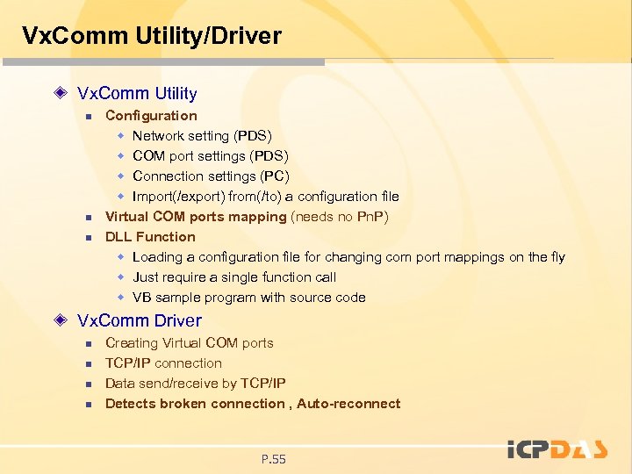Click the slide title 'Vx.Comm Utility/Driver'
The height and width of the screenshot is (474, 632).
[151, 36]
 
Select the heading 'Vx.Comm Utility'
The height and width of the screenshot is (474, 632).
[137, 93]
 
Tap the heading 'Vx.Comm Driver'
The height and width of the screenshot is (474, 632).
[140, 320]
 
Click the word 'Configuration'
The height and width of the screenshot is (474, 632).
[151, 115]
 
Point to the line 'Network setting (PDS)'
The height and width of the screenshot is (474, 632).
[202, 135]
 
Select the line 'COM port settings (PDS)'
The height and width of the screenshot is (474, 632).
[211, 155]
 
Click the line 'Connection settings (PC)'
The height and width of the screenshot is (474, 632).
[211, 176]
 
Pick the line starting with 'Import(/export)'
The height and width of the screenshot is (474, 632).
[265, 196]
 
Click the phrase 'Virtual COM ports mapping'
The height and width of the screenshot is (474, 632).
[196, 216]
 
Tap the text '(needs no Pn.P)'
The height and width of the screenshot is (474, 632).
[340, 216]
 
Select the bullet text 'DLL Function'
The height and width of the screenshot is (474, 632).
[150, 236]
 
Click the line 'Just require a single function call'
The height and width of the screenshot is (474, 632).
[234, 276]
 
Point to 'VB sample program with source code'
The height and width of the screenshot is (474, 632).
[249, 297]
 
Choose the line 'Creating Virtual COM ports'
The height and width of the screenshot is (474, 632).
[190, 342]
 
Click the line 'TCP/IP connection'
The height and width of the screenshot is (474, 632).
[163, 363]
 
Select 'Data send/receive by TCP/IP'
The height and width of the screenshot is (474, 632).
[195, 383]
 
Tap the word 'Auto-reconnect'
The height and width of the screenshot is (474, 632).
[348, 403]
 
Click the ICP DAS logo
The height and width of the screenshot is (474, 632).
[557, 449]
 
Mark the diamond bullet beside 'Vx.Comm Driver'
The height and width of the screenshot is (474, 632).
[61, 320]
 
